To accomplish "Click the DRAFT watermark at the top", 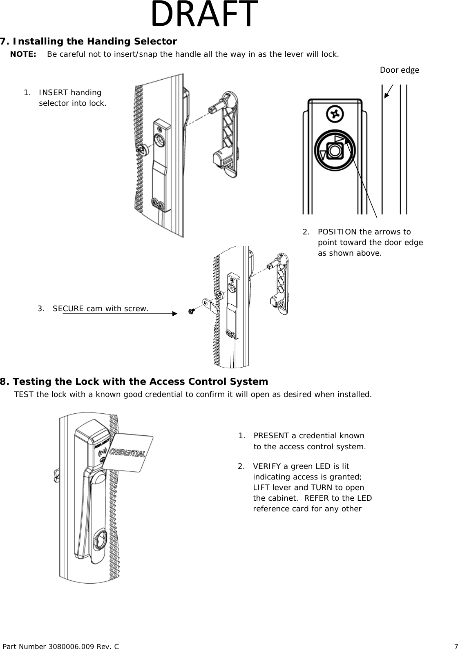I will [205, 14].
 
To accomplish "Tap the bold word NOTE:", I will [23, 54].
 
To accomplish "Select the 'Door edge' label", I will [399, 70].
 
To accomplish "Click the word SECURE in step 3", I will [68, 308].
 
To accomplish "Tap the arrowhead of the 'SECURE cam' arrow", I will [175, 314].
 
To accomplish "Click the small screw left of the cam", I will [191, 311].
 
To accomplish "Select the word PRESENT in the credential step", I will [270, 436].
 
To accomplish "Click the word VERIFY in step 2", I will [266, 466].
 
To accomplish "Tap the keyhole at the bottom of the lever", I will [99, 540].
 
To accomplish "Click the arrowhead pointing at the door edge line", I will [387, 95].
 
